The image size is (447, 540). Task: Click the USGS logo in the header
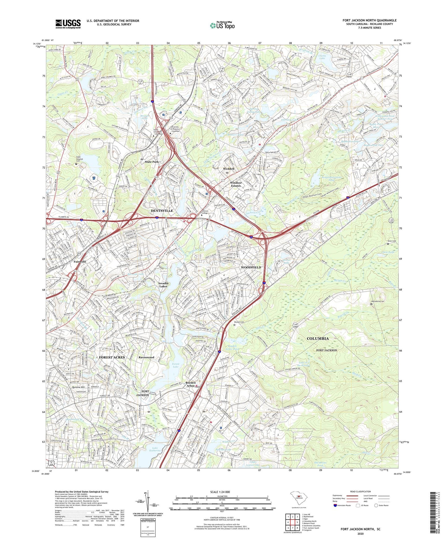pyautogui.click(x=68, y=24)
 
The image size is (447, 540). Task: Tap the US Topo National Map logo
pyautogui.click(x=222, y=25)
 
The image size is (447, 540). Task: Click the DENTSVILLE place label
pyautogui.click(x=162, y=211)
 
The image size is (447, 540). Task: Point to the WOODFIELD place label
pyautogui.click(x=251, y=267)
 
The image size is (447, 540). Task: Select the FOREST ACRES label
pyautogui.click(x=112, y=357)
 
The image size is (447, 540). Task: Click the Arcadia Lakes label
pyautogui.click(x=163, y=285)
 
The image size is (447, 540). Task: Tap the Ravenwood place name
pyautogui.click(x=146, y=357)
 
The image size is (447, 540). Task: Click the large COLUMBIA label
pyautogui.click(x=318, y=339)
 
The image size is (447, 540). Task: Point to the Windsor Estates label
pyautogui.click(x=235, y=184)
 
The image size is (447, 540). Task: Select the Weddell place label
pyautogui.click(x=229, y=169)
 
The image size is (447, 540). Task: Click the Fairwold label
pyautogui.click(x=80, y=262)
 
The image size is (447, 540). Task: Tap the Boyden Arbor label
pyautogui.click(x=191, y=384)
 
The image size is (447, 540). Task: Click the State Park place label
pyautogui.click(x=152, y=162)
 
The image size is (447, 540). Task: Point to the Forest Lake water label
pyautogui.click(x=175, y=366)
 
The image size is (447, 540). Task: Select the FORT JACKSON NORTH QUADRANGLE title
pyautogui.click(x=369, y=20)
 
